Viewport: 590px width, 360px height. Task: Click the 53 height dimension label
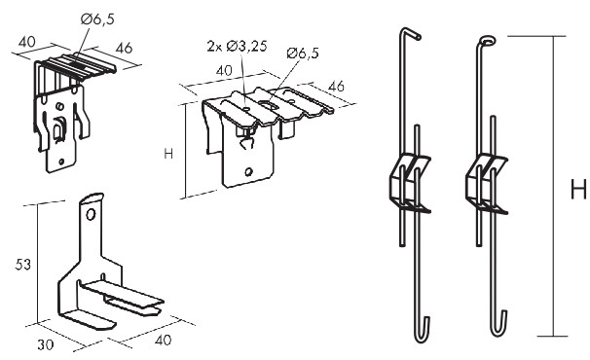[23, 265]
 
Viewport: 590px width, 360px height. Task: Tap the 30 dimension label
[45, 344]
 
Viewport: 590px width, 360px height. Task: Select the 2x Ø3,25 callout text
[237, 46]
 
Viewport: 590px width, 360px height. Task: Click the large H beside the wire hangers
[578, 189]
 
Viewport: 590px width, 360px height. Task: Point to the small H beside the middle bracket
[168, 154]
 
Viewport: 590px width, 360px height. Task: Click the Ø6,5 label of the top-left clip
[97, 18]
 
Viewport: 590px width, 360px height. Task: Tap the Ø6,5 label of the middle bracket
[303, 54]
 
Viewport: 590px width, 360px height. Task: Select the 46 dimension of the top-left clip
[124, 48]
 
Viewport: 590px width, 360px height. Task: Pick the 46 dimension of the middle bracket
[336, 86]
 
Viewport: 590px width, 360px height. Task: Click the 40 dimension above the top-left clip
[26, 42]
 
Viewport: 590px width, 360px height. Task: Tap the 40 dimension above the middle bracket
[224, 70]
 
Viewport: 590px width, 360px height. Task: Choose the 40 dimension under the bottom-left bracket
[163, 341]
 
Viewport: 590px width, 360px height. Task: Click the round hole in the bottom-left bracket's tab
[91, 215]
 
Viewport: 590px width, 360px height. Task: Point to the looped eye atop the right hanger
[487, 40]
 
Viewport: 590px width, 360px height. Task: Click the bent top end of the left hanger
[410, 33]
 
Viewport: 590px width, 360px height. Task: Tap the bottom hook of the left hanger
[423, 331]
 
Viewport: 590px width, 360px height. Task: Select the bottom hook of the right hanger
[499, 324]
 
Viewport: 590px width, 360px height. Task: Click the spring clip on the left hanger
[409, 183]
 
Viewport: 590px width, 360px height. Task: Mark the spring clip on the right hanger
[487, 184]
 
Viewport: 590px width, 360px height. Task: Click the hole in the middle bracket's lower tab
[248, 172]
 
